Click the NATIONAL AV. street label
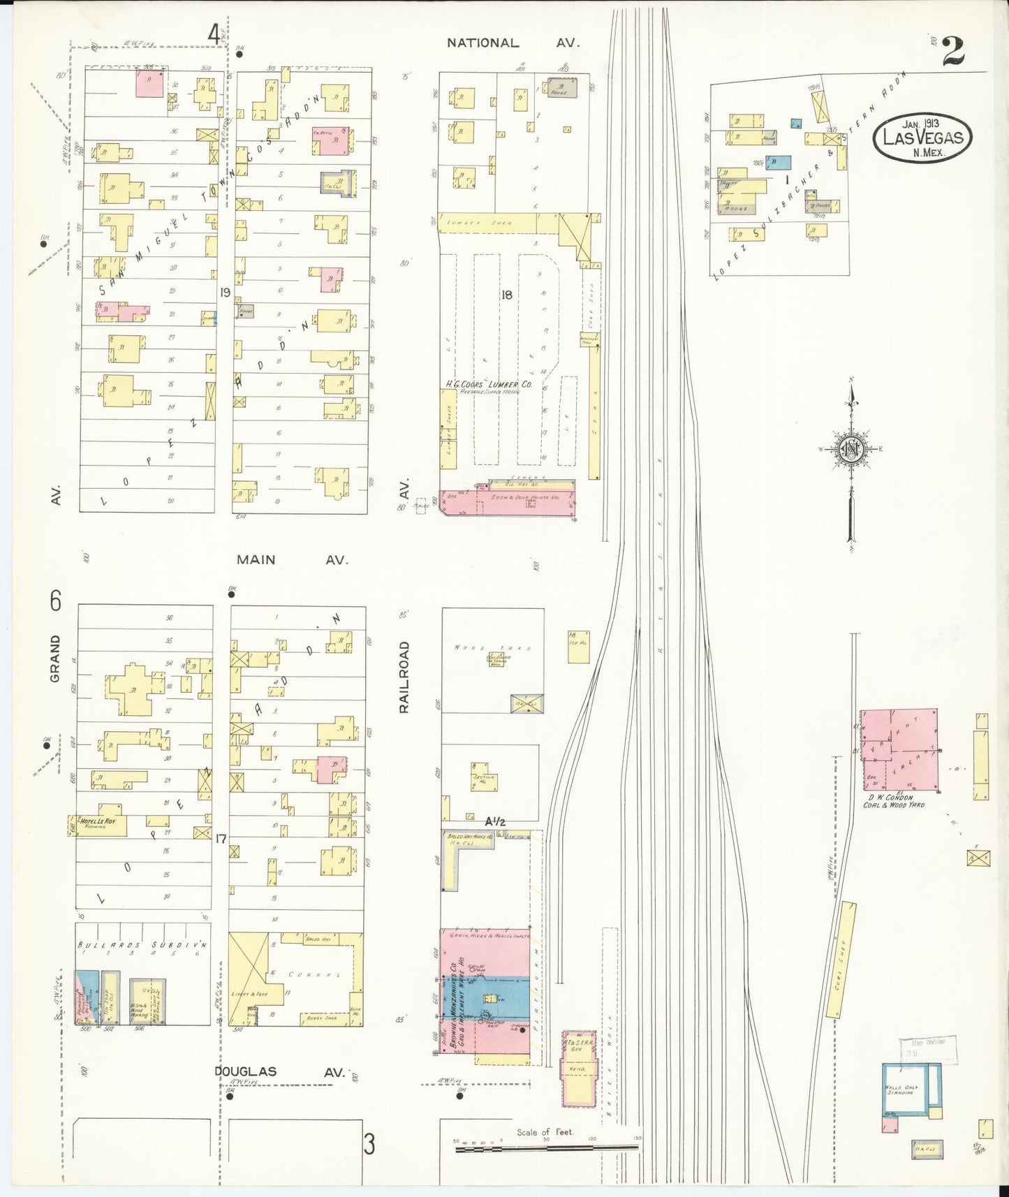pyautogui.click(x=513, y=43)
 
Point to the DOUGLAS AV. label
pyautogui.click(x=279, y=1072)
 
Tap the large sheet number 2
pyautogui.click(x=953, y=50)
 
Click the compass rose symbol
pyautogui.click(x=852, y=450)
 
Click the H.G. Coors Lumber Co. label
pyautogui.click(x=489, y=384)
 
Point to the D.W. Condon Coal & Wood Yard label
pyautogui.click(x=894, y=801)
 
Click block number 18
pyautogui.click(x=507, y=295)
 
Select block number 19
pyautogui.click(x=224, y=293)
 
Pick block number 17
pyautogui.click(x=221, y=838)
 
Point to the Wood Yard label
pyautogui.click(x=475, y=647)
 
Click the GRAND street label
pyautogui.click(x=55, y=658)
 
